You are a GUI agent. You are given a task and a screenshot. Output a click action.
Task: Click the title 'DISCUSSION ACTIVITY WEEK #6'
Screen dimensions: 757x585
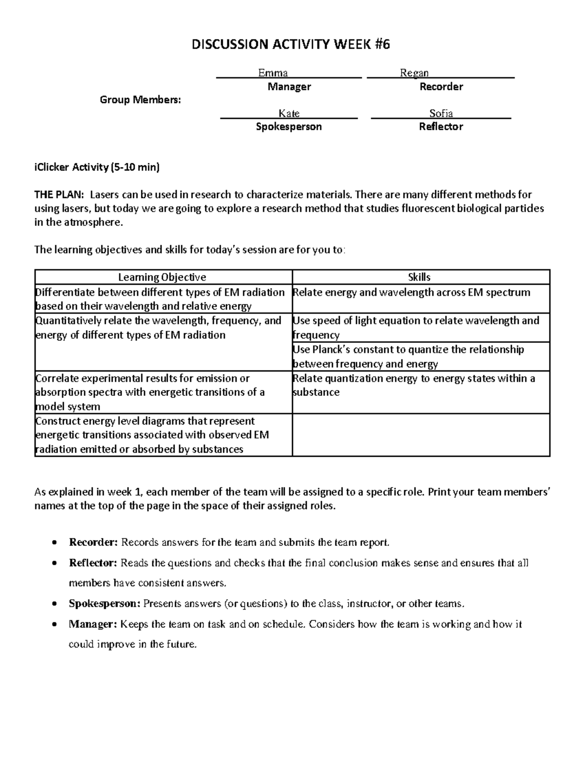point(291,45)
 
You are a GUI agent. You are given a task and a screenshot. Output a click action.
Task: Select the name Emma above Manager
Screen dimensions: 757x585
point(273,73)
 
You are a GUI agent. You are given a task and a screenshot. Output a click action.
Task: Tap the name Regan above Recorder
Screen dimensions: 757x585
point(414,73)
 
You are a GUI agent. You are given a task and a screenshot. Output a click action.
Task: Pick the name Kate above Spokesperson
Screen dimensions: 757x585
point(289,114)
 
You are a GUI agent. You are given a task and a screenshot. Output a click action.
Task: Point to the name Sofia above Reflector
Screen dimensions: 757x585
point(441,114)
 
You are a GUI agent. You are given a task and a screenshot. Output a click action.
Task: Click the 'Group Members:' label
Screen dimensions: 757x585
point(140,100)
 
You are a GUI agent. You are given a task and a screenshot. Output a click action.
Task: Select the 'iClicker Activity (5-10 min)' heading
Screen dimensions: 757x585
point(97,167)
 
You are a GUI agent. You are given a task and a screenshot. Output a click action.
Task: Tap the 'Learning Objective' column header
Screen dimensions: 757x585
point(162,277)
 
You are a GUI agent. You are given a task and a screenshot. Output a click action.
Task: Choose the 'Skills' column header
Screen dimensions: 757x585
point(419,277)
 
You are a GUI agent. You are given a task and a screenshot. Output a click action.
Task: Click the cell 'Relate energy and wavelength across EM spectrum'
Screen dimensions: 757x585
point(410,292)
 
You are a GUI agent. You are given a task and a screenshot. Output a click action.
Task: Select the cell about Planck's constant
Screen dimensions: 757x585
point(408,356)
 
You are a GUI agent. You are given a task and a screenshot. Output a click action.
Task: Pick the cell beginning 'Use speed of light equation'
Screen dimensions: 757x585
point(415,328)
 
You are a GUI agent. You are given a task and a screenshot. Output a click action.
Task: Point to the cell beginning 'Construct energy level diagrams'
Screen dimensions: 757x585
point(152,435)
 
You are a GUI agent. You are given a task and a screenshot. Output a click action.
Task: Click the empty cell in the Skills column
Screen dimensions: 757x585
point(421,435)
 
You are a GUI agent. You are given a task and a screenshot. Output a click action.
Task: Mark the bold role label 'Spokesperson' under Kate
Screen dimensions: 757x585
point(289,127)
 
